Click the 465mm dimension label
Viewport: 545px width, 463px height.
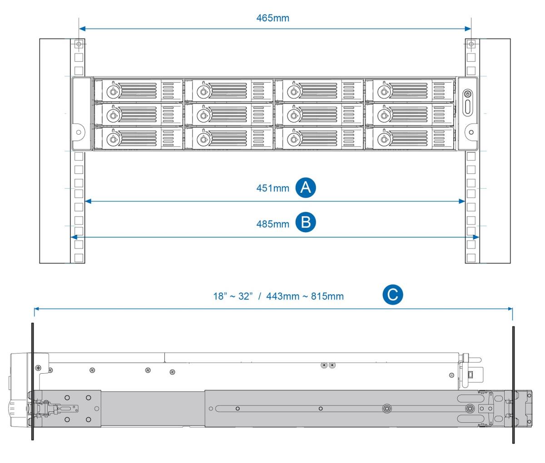(x=272, y=18)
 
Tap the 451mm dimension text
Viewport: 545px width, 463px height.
(x=272, y=188)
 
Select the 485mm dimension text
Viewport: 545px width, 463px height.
(x=272, y=224)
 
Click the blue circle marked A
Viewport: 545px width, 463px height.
(x=306, y=187)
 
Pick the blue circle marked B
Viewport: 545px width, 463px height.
(x=306, y=223)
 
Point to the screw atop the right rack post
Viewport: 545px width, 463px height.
(x=471, y=44)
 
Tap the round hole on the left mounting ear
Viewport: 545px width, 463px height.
(x=79, y=132)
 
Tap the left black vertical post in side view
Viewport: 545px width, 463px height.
(x=32, y=381)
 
